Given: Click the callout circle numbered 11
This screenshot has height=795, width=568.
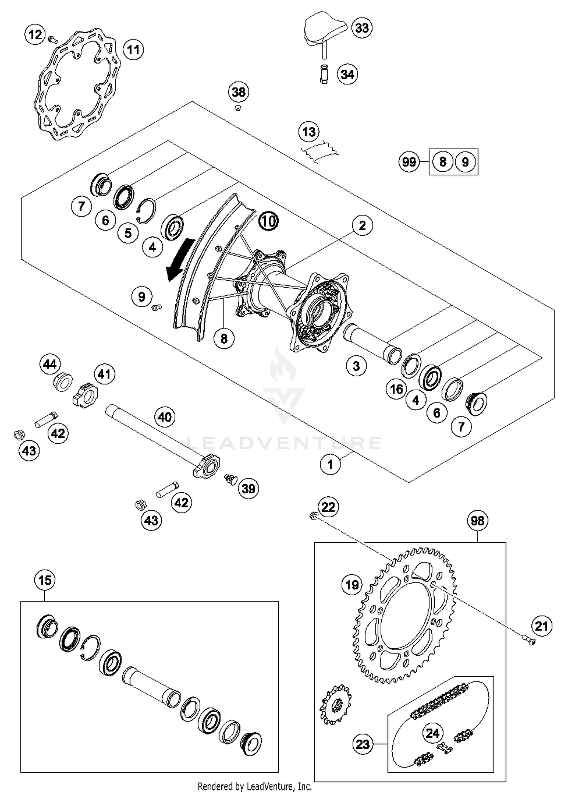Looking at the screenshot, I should (133, 50).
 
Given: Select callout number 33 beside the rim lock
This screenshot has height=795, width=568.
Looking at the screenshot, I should (362, 28).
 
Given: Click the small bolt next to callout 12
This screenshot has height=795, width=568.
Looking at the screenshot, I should (53, 38).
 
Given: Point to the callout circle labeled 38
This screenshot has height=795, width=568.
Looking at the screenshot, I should (239, 92).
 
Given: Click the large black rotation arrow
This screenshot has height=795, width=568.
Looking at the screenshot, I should (180, 260).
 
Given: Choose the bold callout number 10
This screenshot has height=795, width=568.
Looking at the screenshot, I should (268, 221).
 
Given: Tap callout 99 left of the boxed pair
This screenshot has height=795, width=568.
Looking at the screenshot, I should (409, 162).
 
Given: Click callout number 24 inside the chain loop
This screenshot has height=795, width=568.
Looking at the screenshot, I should (432, 733).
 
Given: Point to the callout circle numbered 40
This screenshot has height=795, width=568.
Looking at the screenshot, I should (164, 417).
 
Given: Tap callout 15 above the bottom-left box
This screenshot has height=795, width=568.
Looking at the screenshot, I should (45, 580).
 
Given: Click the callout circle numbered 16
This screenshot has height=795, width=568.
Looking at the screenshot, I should (396, 389).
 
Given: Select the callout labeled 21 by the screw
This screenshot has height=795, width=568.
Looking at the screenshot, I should (541, 626).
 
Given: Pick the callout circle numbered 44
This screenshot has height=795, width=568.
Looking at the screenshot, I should (50, 365).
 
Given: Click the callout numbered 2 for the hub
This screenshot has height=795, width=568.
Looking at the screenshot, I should (362, 225).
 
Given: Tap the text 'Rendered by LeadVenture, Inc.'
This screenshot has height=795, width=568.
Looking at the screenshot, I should (255, 787).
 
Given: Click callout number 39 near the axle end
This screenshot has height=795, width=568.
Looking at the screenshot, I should (248, 488).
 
